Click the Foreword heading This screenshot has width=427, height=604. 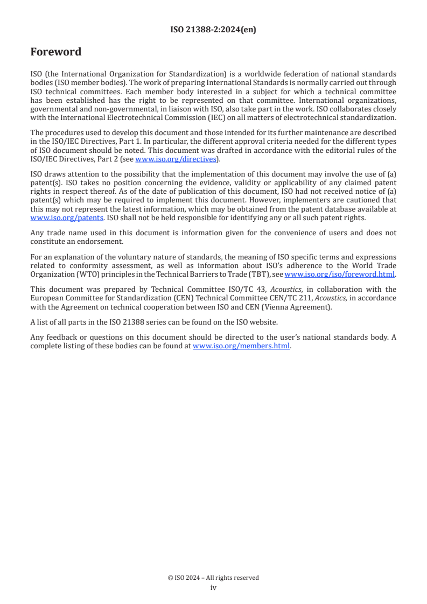tap(56, 52)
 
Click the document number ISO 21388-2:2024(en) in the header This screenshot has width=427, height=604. tap(213, 30)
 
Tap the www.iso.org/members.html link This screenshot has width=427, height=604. tap(241, 346)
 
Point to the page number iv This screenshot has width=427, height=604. tap(213, 588)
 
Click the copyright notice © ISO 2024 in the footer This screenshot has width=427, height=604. tap(213, 578)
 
